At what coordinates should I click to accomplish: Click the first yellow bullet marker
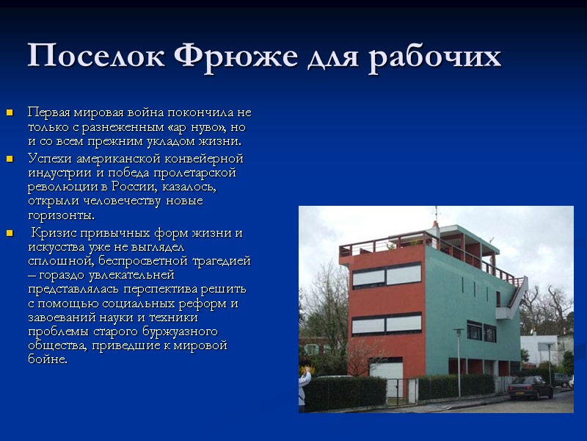point(10,113)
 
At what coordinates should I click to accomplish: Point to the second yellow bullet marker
point(10,159)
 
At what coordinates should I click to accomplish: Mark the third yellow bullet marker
point(10,234)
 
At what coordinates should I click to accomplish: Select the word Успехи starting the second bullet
point(51,158)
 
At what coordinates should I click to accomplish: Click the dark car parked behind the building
point(530,386)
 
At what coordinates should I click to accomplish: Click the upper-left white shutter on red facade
point(368,277)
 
